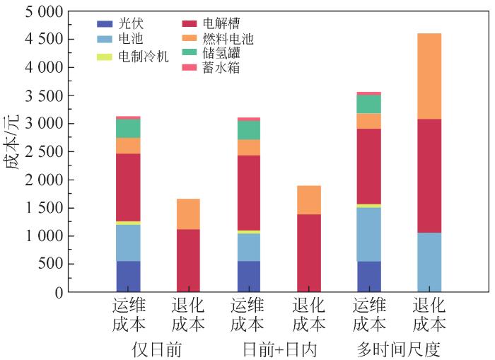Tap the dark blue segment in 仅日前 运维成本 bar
[128, 277]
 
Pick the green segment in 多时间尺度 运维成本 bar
[369, 104]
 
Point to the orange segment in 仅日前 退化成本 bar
[188, 214]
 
